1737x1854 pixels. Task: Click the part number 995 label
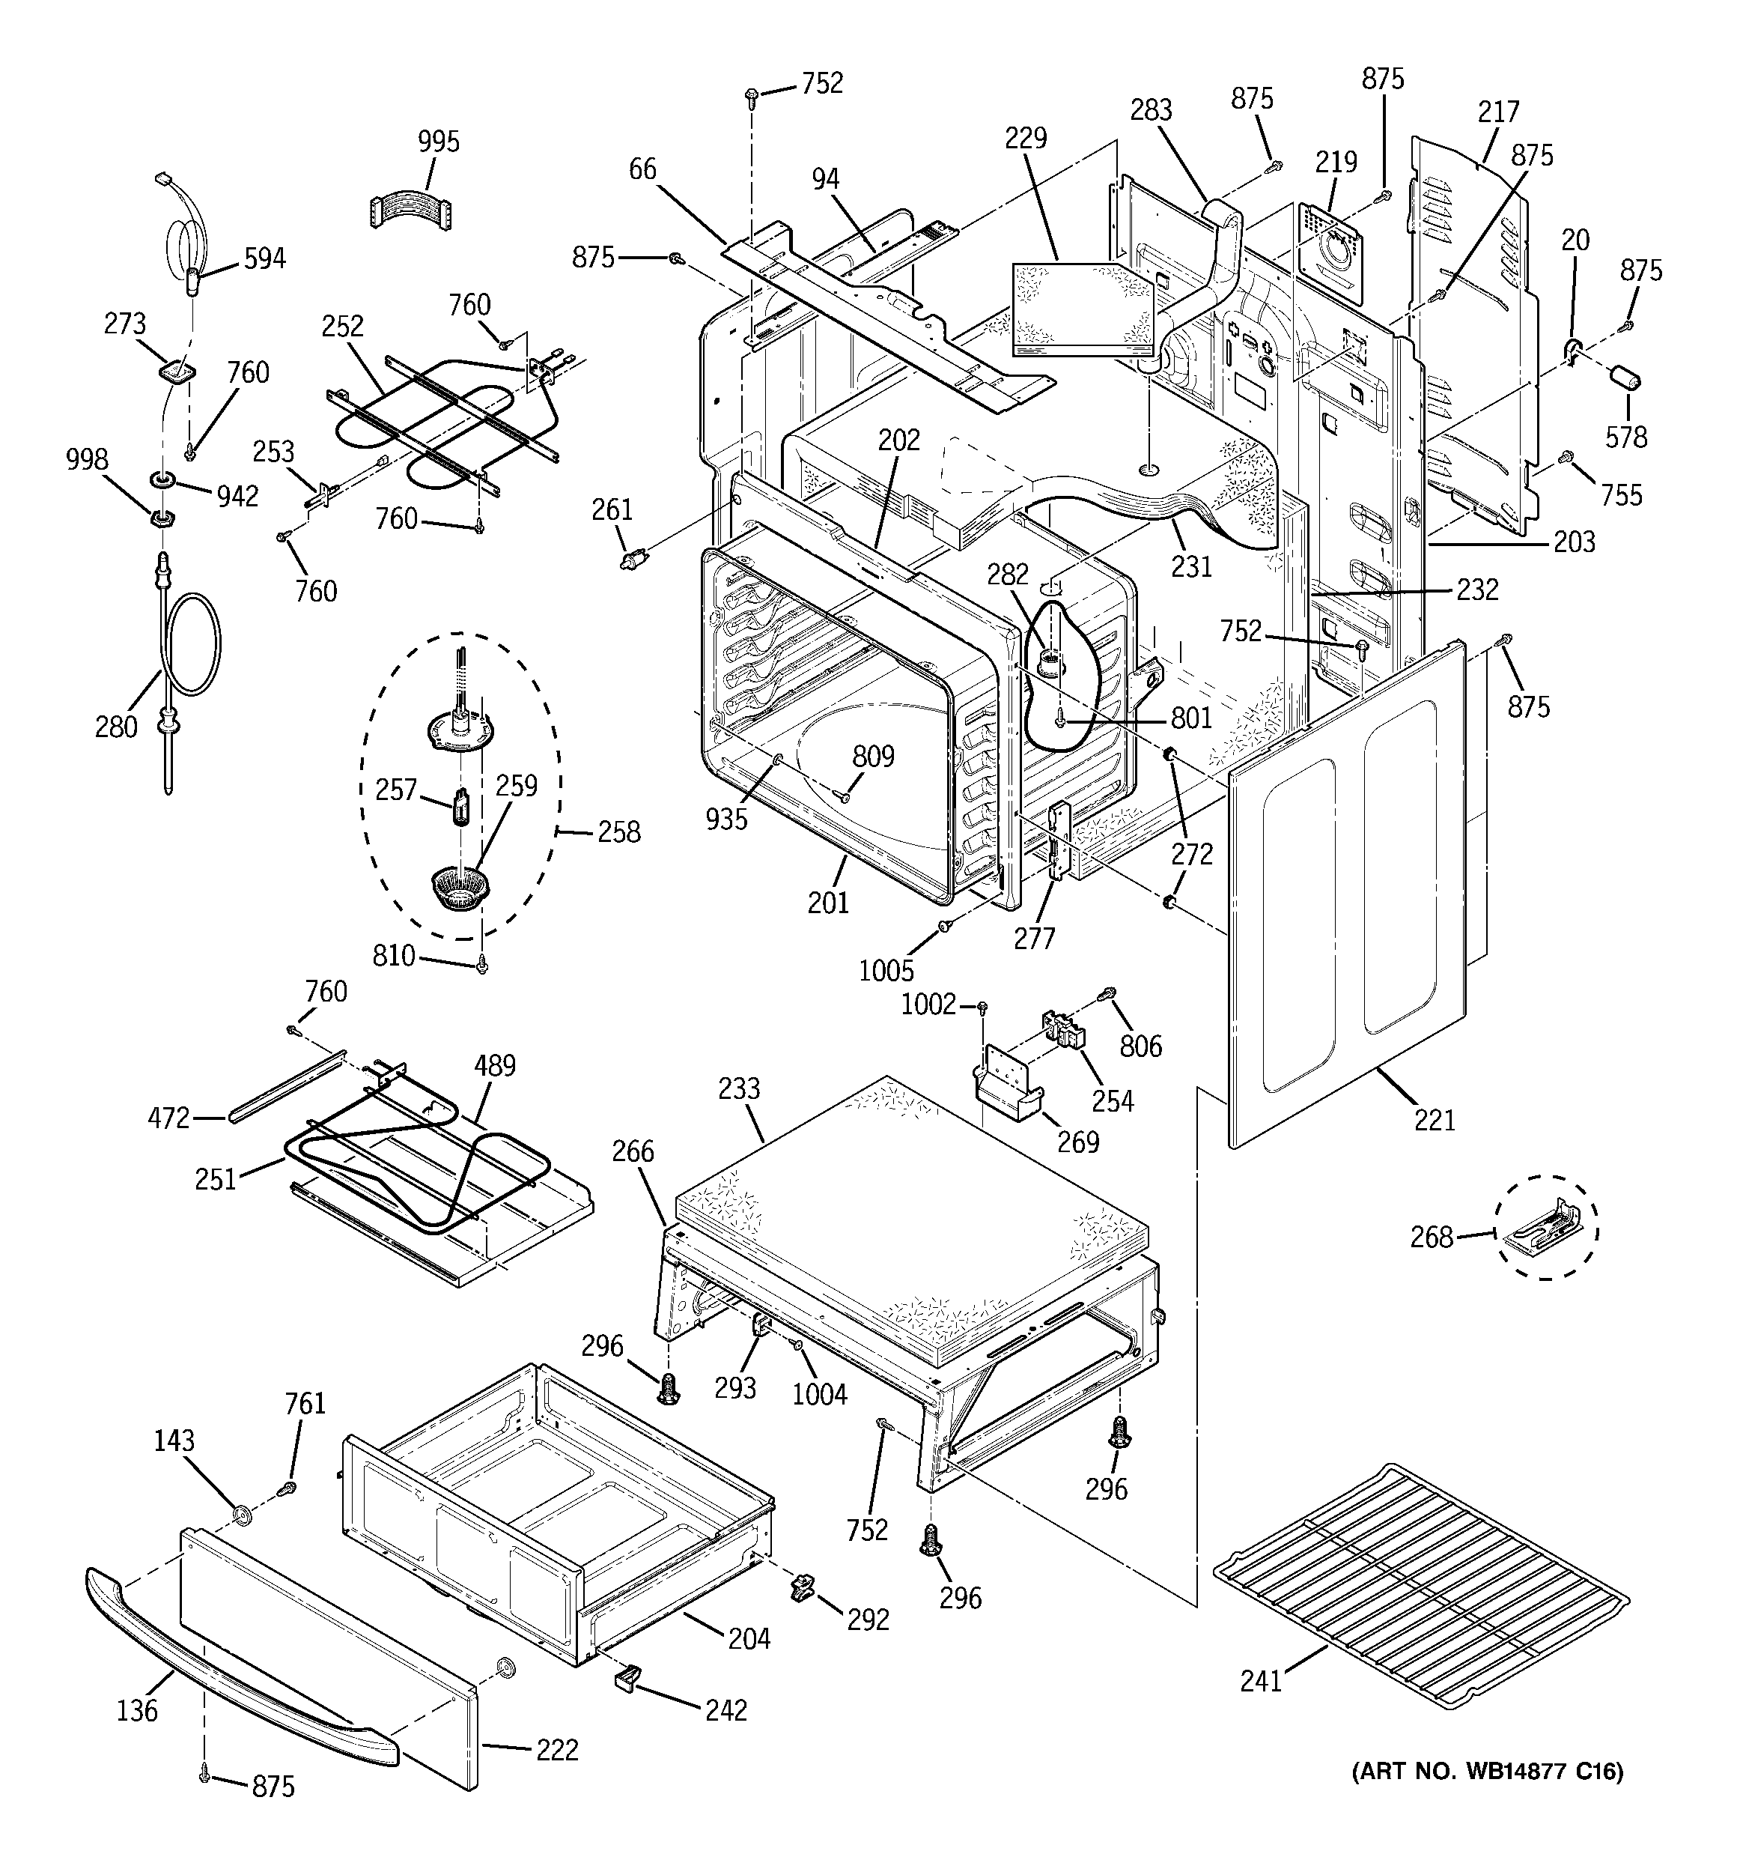438,142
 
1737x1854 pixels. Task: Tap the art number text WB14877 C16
1487,1797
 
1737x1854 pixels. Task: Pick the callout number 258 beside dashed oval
618,832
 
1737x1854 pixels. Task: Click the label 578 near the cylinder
1626,437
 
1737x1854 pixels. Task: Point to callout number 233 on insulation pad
740,1088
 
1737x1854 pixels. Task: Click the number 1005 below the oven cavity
886,971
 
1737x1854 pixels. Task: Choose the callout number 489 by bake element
494,1065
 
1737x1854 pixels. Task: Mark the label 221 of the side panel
1434,1119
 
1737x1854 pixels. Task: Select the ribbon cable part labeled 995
410,210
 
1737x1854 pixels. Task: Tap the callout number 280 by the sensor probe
115,727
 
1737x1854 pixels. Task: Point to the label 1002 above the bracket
928,1005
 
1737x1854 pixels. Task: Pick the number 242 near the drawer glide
725,1709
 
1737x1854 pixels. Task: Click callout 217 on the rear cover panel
1498,112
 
